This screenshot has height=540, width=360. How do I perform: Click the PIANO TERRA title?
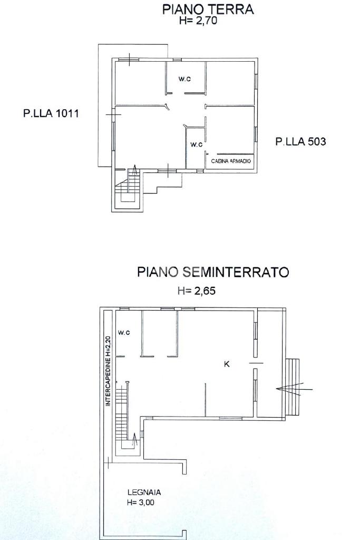(208, 9)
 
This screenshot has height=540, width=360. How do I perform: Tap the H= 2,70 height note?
(198, 21)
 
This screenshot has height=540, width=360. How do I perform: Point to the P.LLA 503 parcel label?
(300, 141)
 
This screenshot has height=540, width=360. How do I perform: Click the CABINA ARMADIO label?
(231, 161)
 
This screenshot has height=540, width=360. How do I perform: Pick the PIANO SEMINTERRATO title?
(213, 272)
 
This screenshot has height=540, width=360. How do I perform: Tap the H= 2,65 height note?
(197, 291)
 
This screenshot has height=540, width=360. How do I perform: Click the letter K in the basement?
(227, 364)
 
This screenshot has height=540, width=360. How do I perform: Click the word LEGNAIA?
(144, 492)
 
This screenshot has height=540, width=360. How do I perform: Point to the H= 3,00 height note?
(140, 502)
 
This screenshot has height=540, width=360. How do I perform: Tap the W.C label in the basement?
(124, 332)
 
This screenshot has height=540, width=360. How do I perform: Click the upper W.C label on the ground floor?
(184, 79)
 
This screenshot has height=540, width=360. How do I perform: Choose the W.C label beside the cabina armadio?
(196, 144)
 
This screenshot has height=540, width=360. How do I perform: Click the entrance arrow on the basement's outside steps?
(294, 389)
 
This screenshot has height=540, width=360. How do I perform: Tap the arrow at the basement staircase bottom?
(134, 440)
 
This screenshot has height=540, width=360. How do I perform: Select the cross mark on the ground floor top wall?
(130, 60)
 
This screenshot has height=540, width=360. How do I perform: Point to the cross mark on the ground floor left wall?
(113, 114)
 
